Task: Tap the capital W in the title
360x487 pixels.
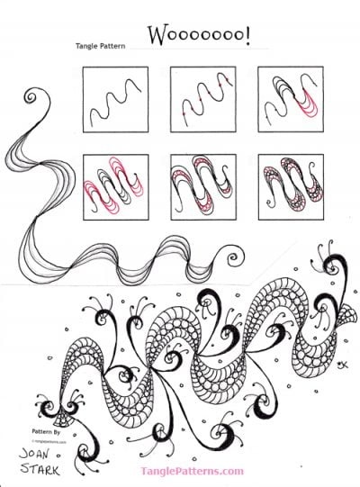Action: tap(158, 36)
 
